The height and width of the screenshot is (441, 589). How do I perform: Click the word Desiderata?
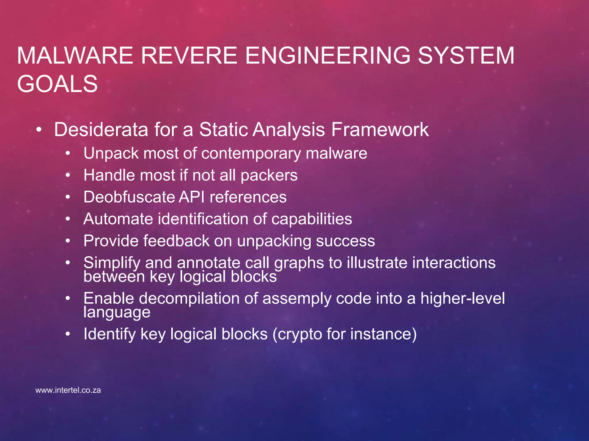(x=101, y=129)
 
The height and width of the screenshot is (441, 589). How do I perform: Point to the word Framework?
(x=380, y=129)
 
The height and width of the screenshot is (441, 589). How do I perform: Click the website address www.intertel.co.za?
(x=68, y=390)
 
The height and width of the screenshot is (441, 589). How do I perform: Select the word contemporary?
(x=251, y=153)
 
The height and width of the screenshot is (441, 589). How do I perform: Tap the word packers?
(x=269, y=175)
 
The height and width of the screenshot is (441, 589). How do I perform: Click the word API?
(x=192, y=197)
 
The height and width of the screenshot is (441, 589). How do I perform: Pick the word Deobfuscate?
(x=129, y=197)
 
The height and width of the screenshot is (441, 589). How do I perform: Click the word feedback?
(x=176, y=241)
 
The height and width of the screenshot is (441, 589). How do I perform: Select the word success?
(x=345, y=241)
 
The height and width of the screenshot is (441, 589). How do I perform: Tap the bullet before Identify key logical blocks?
(x=68, y=334)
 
